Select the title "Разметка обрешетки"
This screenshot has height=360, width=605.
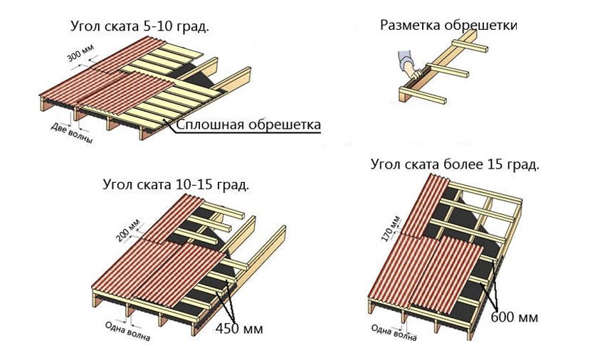pyautogui.click(x=448, y=26)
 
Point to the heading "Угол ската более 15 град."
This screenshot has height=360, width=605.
pyautogui.click(x=455, y=164)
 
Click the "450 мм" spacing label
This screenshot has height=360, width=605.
pyautogui.click(x=239, y=329)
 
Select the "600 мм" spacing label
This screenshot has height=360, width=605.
pyautogui.click(x=514, y=316)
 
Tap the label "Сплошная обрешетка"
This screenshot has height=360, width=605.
pyautogui.click(x=248, y=125)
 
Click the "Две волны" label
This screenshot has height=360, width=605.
pyautogui.click(x=72, y=133)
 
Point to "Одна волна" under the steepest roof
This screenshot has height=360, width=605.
pyautogui.click(x=393, y=333)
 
